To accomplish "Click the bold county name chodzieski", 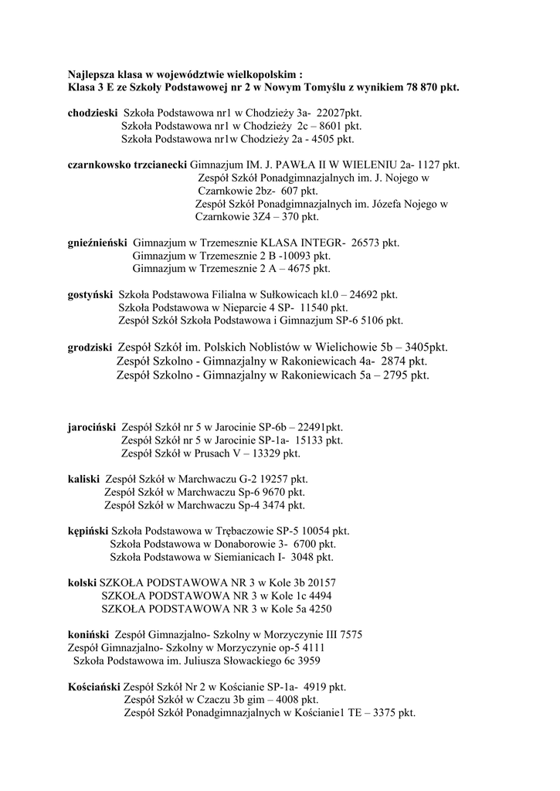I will pos(93,112).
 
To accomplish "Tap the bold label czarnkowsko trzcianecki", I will pos(127,165).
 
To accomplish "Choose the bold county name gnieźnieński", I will pos(97,243).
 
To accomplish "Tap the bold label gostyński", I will pos(90,294).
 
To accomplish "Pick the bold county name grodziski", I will pos(90,347).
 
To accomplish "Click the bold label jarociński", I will pos(92,426).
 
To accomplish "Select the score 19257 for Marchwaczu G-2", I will pos(252,479).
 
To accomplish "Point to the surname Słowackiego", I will pos(249,661).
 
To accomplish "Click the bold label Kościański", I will pos(93,686).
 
